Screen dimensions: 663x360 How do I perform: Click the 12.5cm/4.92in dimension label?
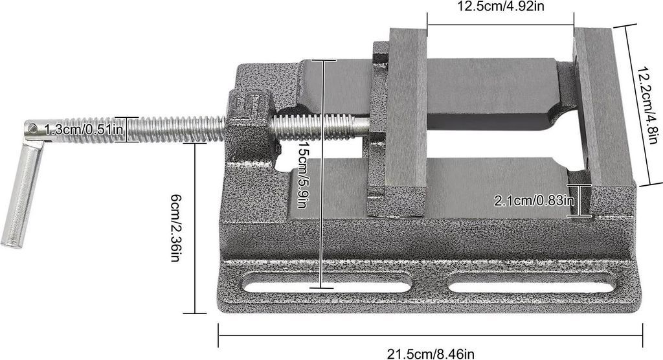501,6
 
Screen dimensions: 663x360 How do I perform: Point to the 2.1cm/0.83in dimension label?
534,200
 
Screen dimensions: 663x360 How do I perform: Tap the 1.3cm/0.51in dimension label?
84,129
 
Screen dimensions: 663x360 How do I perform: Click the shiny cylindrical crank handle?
21,194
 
